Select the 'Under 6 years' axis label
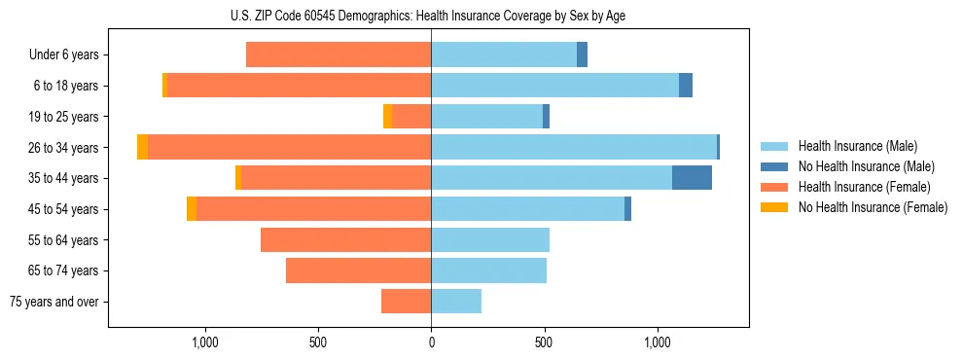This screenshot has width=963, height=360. [x=64, y=54]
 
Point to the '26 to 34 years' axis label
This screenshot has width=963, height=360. [x=64, y=148]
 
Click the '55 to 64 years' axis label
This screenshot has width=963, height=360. [x=64, y=240]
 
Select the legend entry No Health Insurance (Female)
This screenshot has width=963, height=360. [x=873, y=207]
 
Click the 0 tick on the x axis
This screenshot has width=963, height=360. [x=431, y=342]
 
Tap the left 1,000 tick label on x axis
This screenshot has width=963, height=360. [x=204, y=342]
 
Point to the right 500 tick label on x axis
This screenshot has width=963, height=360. [x=544, y=342]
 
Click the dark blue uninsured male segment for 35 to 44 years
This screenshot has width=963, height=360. [x=692, y=178]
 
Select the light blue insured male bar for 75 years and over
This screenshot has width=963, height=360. [x=456, y=302]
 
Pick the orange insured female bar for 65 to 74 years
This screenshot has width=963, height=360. [x=358, y=270]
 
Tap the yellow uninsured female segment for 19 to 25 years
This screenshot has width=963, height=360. [x=387, y=117]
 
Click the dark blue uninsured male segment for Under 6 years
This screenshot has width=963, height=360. [x=582, y=54]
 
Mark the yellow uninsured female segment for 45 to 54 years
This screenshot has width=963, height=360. [x=192, y=209]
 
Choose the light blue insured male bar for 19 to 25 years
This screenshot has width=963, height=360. [x=486, y=117]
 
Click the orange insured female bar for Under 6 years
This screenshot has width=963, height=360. [x=339, y=54]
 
